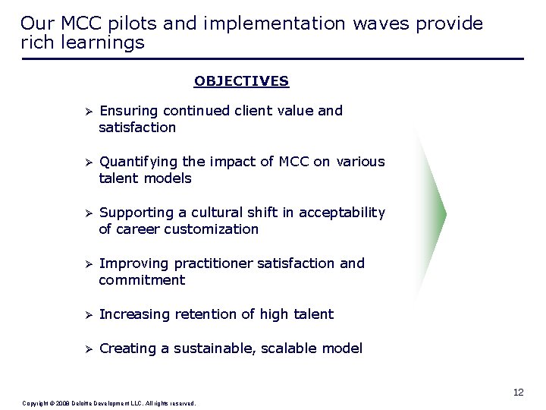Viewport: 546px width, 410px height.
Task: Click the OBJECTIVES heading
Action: coord(241,80)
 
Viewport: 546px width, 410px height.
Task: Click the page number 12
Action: coord(518,393)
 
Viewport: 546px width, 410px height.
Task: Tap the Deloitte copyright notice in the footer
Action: coord(109,403)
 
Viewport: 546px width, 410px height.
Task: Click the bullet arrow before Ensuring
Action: coord(88,111)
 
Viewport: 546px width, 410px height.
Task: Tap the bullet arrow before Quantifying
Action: coord(88,162)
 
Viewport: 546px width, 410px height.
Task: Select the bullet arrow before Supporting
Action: coord(88,213)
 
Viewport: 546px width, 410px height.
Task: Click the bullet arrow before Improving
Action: coord(88,264)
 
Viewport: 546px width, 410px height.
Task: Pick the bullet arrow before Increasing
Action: coord(88,314)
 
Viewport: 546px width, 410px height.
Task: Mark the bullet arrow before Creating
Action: coord(88,349)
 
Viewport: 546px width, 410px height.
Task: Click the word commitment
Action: coord(142,280)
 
